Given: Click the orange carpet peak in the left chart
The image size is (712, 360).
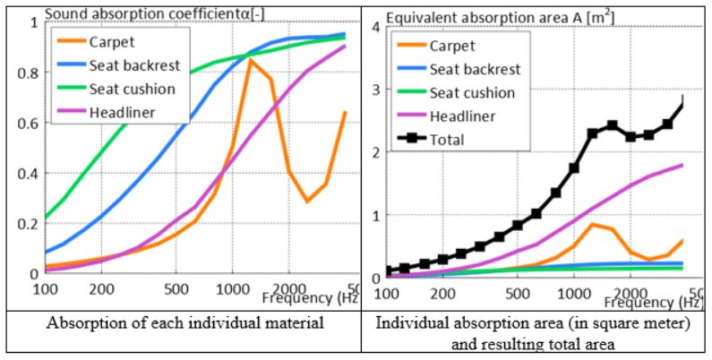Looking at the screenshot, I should point(250,60).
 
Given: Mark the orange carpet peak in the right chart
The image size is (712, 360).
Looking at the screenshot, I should point(592,224).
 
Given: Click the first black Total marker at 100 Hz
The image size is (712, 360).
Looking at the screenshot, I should point(389,270).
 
